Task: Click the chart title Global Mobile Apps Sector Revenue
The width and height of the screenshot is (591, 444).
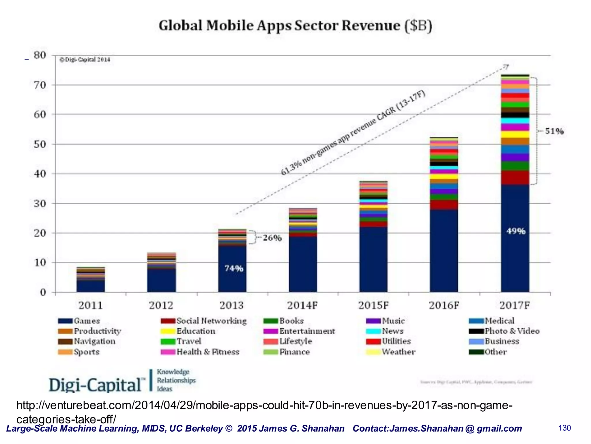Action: click(295, 25)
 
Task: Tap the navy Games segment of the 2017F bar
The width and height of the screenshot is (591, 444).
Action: click(515, 254)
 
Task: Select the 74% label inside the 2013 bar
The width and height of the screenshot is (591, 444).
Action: click(234, 269)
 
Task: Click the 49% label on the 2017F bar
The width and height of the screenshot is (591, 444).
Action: click(516, 231)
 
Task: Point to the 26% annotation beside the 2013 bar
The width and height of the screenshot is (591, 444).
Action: click(272, 238)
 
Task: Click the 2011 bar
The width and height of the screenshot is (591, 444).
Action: click(91, 280)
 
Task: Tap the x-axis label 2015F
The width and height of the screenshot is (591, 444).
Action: click(373, 305)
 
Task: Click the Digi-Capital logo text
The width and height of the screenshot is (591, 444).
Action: click(95, 385)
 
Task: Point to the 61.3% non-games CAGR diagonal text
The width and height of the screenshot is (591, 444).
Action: click(353, 133)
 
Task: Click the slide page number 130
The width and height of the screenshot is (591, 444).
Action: click(564, 428)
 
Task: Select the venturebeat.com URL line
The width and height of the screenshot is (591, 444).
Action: click(264, 405)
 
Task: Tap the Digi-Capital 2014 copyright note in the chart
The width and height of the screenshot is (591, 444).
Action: click(85, 60)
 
